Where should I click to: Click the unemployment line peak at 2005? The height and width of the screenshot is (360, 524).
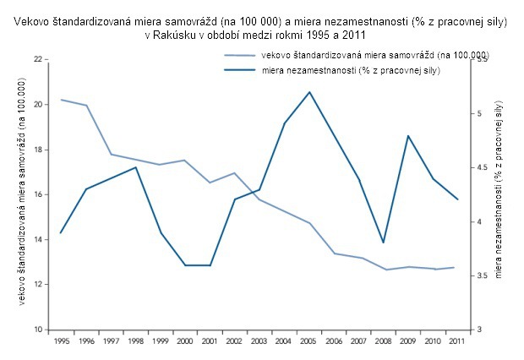pos(309,92)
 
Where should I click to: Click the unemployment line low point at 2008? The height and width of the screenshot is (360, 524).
pos(384,243)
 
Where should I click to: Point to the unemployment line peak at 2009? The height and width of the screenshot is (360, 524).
pos(408,135)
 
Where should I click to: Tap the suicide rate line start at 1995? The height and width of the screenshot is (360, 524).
pos(61,100)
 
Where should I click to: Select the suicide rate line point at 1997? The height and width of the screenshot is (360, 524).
pos(111,155)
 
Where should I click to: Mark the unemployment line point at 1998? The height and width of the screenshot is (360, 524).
pos(136,167)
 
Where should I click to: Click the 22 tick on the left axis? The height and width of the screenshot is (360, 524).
pos(38,60)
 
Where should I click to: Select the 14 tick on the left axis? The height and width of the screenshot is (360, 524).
pos(38,240)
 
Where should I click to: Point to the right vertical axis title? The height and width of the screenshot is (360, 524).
pos(499,190)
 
